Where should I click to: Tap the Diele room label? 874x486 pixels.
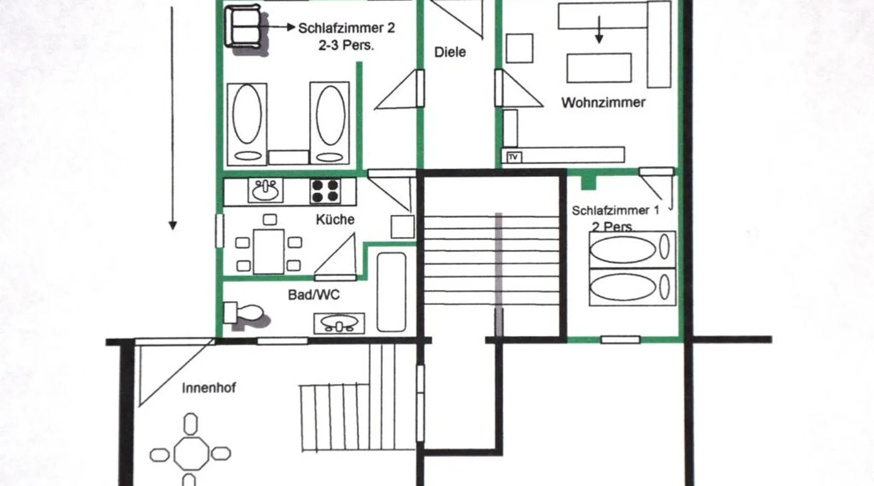point(450,52)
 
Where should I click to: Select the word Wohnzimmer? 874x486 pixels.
point(603,103)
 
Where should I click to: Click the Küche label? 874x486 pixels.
point(335,219)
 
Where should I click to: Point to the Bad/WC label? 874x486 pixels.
point(314,295)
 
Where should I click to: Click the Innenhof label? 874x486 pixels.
point(209,388)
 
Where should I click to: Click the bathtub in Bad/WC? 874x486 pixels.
point(391,292)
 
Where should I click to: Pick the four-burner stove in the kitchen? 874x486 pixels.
point(325,191)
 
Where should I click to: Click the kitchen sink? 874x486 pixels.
point(266,190)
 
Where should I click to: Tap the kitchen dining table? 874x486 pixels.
point(269,252)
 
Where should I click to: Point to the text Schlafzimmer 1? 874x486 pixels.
point(615,210)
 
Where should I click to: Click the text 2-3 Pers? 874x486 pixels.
point(346,45)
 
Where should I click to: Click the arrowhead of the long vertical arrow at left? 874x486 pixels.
point(172,226)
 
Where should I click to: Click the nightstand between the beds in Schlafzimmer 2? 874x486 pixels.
point(288,157)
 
